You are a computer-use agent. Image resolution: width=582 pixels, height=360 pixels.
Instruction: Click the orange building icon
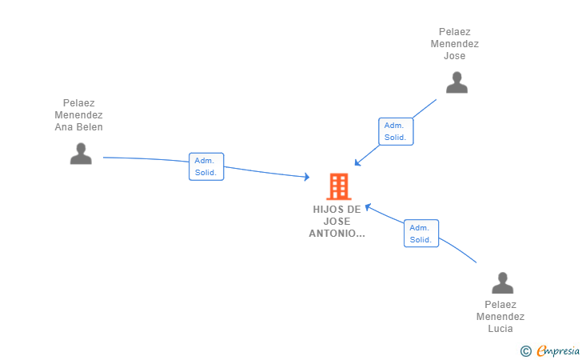click(x=339, y=186)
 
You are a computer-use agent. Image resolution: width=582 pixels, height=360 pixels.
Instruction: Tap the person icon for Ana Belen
click(x=81, y=154)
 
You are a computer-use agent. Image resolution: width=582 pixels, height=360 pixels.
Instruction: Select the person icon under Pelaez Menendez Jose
click(x=456, y=82)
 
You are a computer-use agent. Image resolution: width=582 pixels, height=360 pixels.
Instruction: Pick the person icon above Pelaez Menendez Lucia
click(x=503, y=282)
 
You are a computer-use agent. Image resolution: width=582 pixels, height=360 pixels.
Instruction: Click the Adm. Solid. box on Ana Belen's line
click(x=206, y=166)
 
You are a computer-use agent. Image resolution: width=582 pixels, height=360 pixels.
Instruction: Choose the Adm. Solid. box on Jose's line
click(x=396, y=131)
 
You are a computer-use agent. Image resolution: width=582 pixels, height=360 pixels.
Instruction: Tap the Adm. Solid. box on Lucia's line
click(x=421, y=234)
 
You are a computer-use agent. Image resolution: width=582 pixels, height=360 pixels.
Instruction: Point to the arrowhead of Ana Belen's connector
click(x=307, y=177)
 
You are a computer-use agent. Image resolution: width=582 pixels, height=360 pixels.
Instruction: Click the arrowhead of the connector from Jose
click(x=357, y=162)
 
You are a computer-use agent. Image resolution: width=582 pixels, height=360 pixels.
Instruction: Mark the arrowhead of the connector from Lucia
click(x=368, y=207)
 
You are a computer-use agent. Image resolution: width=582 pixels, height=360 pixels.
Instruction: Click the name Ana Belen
click(x=78, y=127)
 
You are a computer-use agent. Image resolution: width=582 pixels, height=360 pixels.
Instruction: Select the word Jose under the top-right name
click(x=455, y=56)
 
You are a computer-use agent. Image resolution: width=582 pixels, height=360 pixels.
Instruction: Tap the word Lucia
click(x=500, y=329)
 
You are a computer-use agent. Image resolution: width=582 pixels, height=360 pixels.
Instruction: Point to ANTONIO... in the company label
click(x=337, y=234)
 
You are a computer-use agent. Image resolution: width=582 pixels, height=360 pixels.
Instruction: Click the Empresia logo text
click(x=558, y=350)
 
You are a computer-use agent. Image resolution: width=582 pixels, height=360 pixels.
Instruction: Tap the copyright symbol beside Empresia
click(x=526, y=351)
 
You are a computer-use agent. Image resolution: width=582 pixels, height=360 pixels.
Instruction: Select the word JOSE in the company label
click(x=337, y=222)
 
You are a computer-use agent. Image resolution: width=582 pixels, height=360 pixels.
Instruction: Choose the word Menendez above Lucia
click(x=500, y=317)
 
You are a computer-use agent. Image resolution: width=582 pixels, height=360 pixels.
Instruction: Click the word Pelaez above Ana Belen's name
click(x=78, y=103)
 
